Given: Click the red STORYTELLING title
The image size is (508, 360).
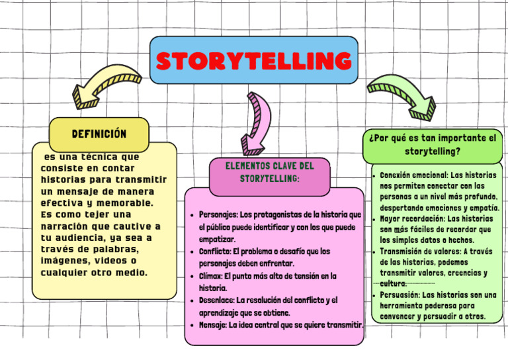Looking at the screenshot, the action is (x=253, y=61).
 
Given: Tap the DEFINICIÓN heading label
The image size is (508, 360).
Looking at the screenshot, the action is (x=99, y=134).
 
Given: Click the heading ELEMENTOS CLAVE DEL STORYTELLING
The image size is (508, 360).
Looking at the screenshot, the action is (x=269, y=172).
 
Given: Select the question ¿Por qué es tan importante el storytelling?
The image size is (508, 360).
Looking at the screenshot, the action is (x=433, y=145).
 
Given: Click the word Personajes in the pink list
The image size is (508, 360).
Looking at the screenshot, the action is (x=218, y=215).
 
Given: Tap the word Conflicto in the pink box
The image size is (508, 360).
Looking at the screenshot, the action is (x=214, y=251).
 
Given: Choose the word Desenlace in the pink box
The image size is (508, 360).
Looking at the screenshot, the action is (x=216, y=300).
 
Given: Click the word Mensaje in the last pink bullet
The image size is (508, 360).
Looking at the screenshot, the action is (x=213, y=325).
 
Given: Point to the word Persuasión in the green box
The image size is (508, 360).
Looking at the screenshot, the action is (x=400, y=294).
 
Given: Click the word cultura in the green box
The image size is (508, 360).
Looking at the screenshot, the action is (x=393, y=283).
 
